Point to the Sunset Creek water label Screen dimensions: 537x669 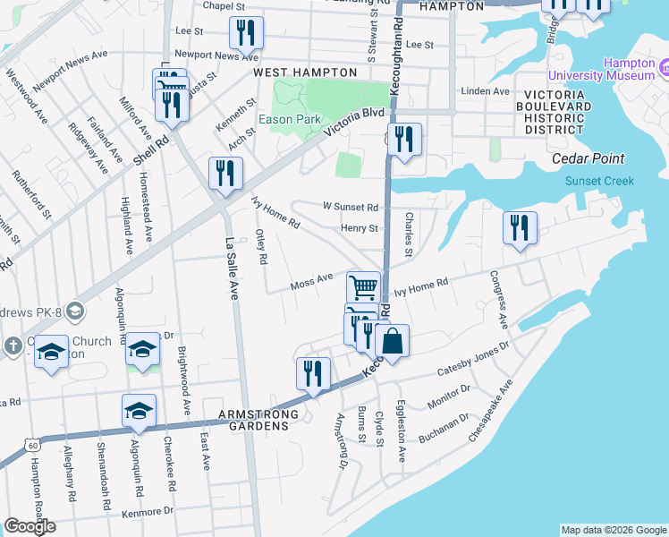[x=599, y=181]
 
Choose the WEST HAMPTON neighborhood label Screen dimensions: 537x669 [x=299, y=72]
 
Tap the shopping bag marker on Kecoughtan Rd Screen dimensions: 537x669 [x=392, y=340]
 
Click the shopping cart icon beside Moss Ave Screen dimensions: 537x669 [x=363, y=287]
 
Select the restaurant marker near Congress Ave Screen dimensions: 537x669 [x=519, y=227]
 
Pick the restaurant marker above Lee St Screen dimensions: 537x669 [x=245, y=33]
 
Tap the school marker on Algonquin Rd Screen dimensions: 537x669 [x=139, y=410]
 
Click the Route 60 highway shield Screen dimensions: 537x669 [x=33, y=445]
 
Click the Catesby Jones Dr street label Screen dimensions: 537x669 [x=472, y=358]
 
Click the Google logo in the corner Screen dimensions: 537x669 [x=30, y=526]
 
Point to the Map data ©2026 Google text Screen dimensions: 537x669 [x=613, y=530]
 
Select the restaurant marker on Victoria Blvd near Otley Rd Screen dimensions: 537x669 [x=225, y=174]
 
